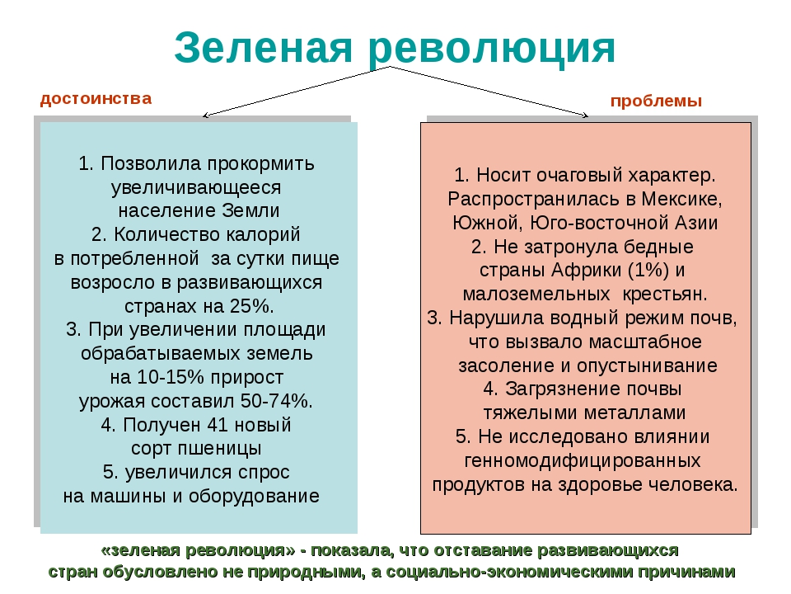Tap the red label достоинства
[x=96, y=99]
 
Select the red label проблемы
[x=656, y=101]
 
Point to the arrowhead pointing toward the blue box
[x=207, y=115]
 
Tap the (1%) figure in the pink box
[x=650, y=271]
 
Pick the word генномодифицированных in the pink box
[x=583, y=460]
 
